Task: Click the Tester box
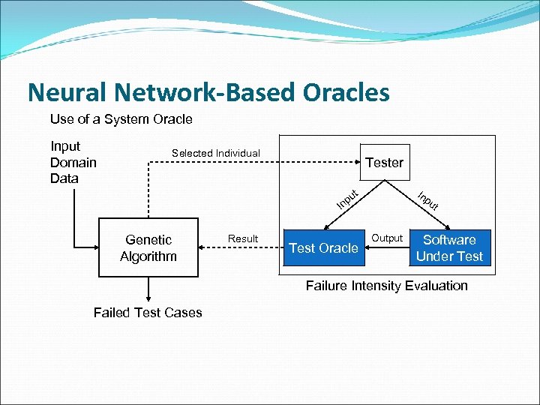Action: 385,162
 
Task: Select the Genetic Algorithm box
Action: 148,248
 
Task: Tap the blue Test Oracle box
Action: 323,248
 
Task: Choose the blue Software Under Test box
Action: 449,248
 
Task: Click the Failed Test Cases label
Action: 148,313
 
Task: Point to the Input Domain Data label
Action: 73,162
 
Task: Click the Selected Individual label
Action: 216,153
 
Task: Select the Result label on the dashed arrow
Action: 243,238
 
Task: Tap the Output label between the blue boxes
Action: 388,238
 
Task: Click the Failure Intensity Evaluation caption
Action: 386,285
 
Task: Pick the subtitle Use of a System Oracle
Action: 121,119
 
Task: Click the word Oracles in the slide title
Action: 346,92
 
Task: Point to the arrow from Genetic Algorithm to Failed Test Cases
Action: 148,289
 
